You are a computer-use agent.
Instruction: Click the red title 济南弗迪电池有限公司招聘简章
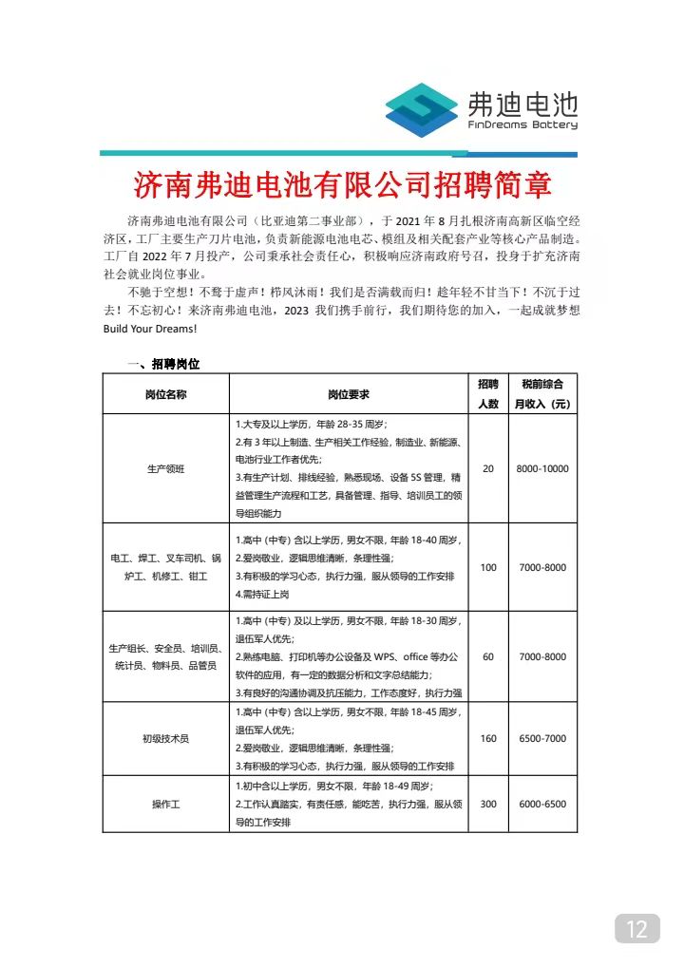342,184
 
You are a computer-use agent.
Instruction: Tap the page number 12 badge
636,927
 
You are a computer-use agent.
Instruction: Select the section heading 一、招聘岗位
162,364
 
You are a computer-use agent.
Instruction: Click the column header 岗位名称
166,393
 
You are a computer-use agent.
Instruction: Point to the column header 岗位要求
349,393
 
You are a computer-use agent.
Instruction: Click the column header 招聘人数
488,393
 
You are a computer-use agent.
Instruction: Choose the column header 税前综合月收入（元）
542,393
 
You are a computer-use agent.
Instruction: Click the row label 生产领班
166,468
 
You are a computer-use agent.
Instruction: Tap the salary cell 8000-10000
542,468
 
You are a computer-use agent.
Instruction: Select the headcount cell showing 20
488,468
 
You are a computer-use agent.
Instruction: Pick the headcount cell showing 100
488,567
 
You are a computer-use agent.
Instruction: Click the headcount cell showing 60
488,656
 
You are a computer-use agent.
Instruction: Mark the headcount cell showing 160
488,738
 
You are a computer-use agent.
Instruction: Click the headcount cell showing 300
488,804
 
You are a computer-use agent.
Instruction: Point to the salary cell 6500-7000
542,738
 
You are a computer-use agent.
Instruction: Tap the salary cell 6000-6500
542,804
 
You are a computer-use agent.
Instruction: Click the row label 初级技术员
166,738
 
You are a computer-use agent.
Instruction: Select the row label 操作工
166,804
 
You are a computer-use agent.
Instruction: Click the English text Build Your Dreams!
150,328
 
